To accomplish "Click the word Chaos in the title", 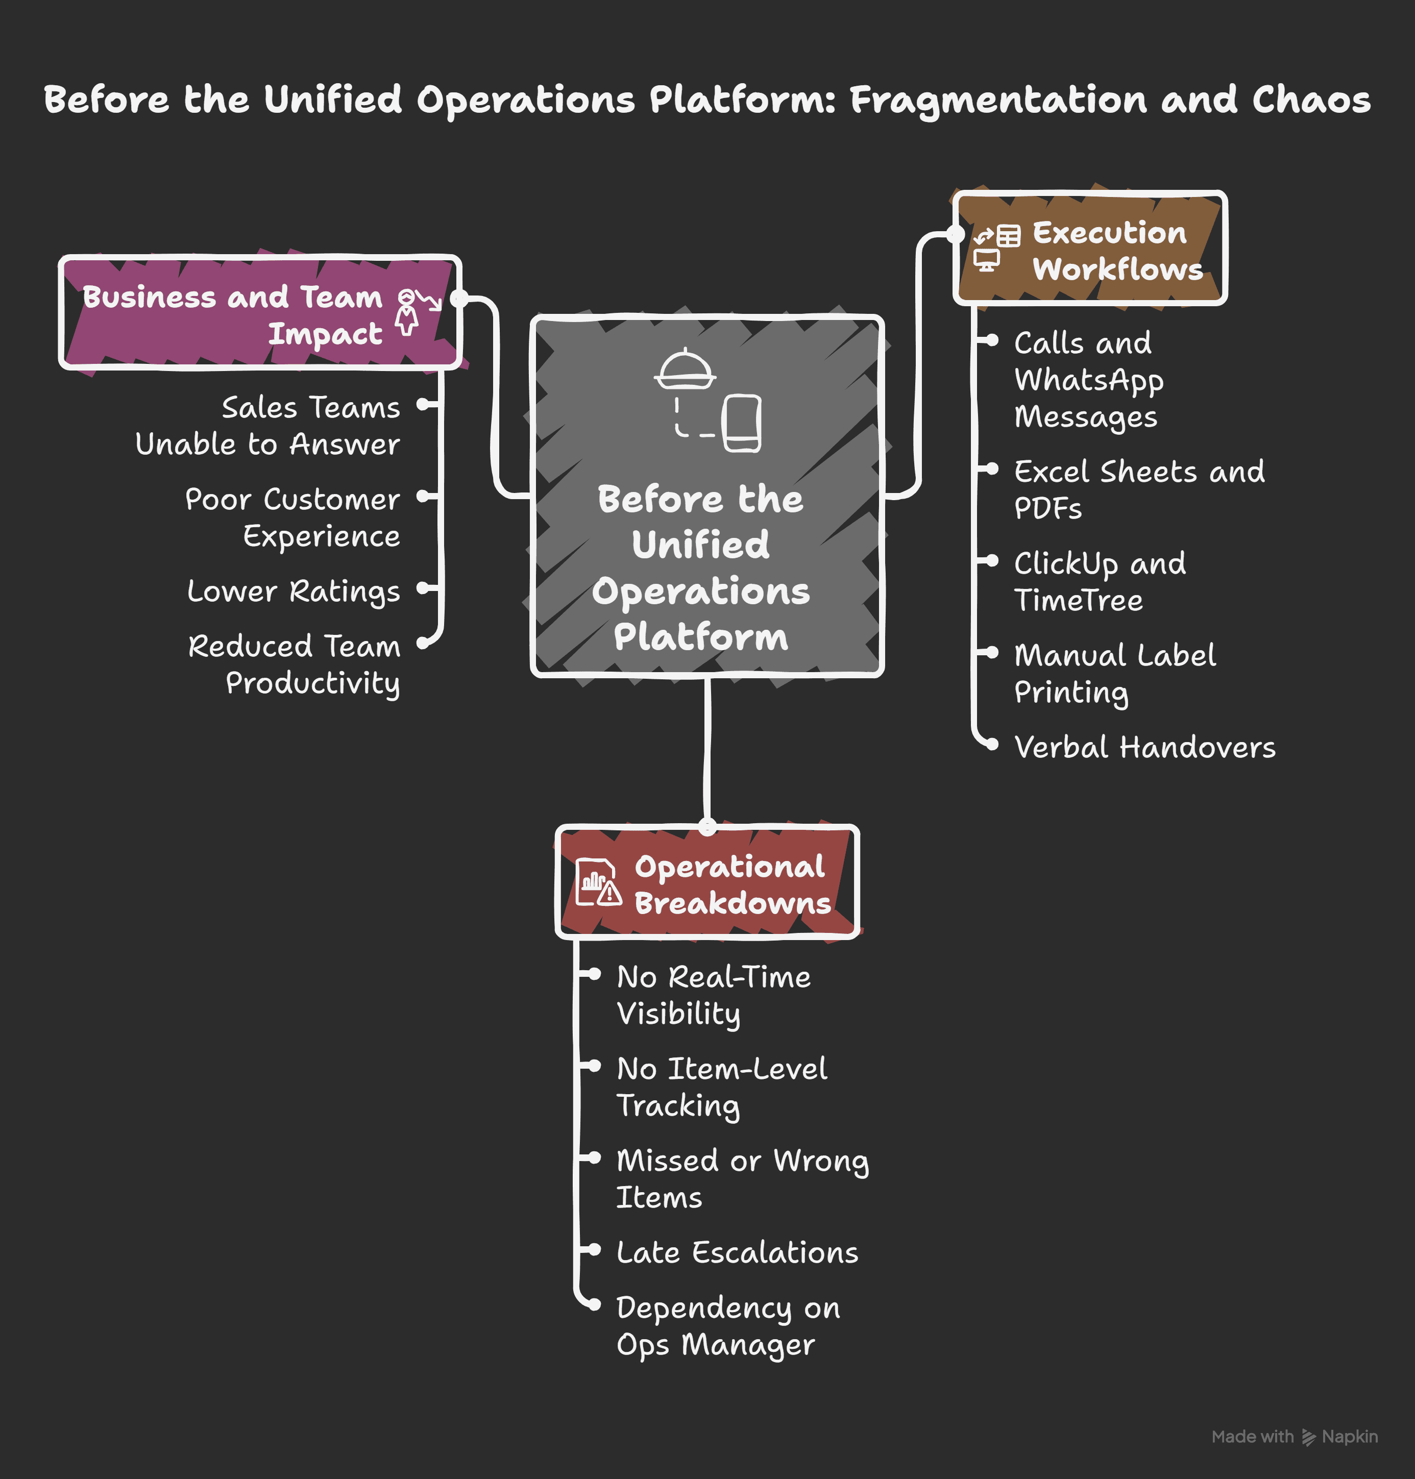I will [1311, 100].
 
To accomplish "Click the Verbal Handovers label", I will [1144, 748].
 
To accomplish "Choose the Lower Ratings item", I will [294, 591].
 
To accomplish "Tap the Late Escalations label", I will [737, 1253].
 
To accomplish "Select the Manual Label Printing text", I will [1114, 674].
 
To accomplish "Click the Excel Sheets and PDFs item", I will [1138, 489].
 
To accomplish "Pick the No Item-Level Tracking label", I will [721, 1087].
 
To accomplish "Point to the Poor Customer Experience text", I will [292, 517].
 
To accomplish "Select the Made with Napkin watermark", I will [1295, 1437].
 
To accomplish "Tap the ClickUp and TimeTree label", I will [1099, 581].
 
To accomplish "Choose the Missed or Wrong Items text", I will [742, 1179].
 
